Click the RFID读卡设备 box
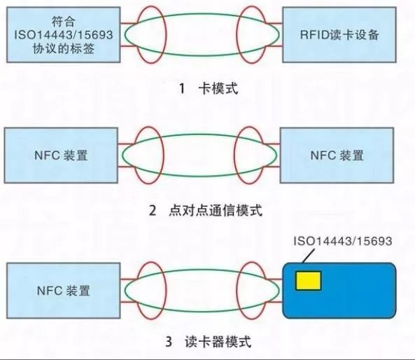pyautogui.click(x=339, y=35)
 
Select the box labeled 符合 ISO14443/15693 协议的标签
pyautogui.click(x=63, y=35)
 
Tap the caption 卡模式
pyautogui.click(x=218, y=88)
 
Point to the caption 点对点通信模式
pyautogui.click(x=216, y=210)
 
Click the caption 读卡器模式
pyautogui.click(x=218, y=342)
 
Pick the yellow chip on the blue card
pyautogui.click(x=309, y=280)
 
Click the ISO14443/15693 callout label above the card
pyautogui.click(x=343, y=241)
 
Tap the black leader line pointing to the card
pyautogui.click(x=309, y=256)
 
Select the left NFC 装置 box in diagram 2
pyautogui.click(x=61, y=155)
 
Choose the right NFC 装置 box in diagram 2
pyautogui.click(x=337, y=155)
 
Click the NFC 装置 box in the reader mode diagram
pyautogui.click(x=63, y=291)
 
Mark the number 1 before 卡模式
pyautogui.click(x=182, y=88)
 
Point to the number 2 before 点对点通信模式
pyautogui.click(x=153, y=211)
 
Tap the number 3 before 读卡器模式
pyautogui.click(x=169, y=342)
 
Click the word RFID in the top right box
pyautogui.click(x=314, y=35)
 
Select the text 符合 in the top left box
pyautogui.click(x=63, y=21)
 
